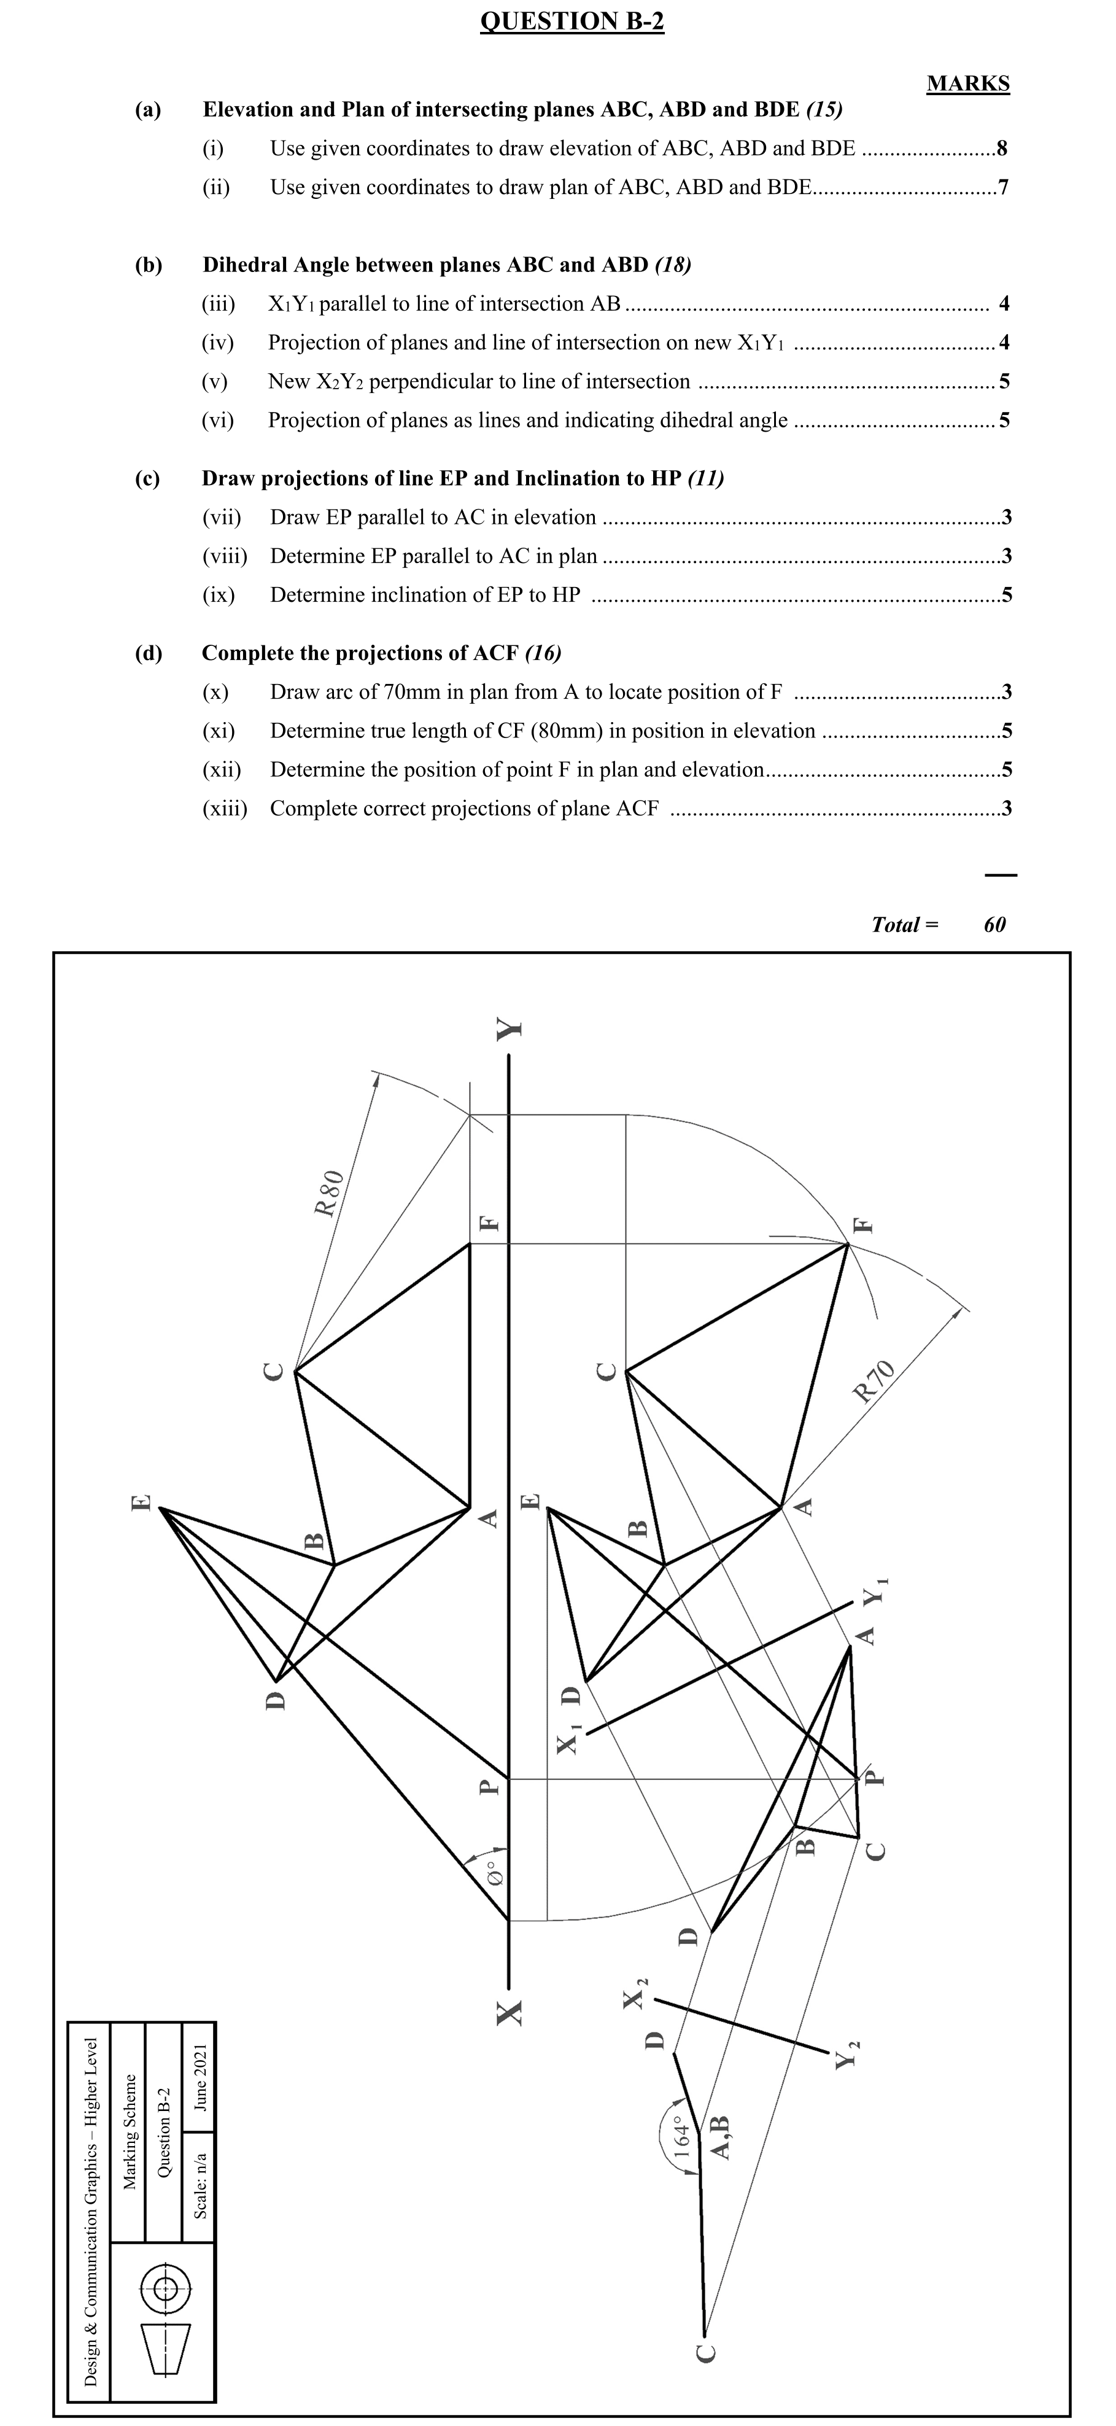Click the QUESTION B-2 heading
click(x=572, y=21)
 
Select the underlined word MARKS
click(x=967, y=84)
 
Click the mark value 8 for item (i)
click(x=1002, y=148)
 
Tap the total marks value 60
click(x=994, y=924)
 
